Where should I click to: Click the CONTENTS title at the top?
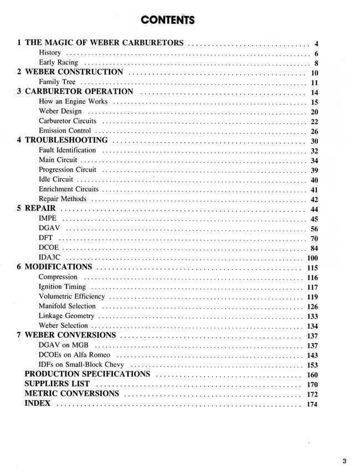pos(168,20)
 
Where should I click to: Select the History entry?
pos(50,53)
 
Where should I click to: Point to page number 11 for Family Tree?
pos(314,82)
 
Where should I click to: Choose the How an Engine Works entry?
pos(73,102)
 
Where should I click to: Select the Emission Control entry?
pos(65,131)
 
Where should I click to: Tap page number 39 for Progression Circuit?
pos(314,170)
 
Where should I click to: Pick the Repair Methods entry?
pos(63,199)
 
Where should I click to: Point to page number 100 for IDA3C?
pos(312,258)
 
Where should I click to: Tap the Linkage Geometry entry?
pos(66,316)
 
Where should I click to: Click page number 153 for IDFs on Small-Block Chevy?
pos(312,365)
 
